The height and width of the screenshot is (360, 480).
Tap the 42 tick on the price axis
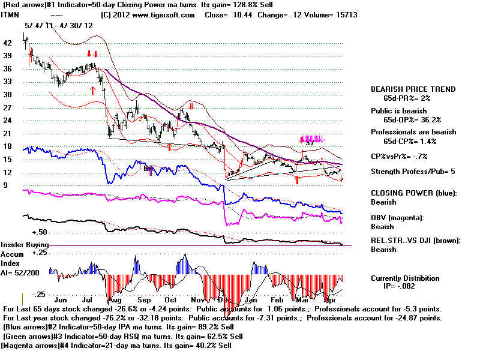coord(8,43)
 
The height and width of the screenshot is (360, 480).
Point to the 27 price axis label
coord(8,107)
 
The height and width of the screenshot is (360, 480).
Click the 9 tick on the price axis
coord(5,185)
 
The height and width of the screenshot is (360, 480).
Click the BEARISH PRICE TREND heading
coord(413,89)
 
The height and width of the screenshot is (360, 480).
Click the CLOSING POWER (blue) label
coord(413,193)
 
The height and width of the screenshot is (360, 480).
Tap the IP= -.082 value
coord(406,287)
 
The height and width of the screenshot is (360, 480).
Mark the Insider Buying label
coord(24,245)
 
